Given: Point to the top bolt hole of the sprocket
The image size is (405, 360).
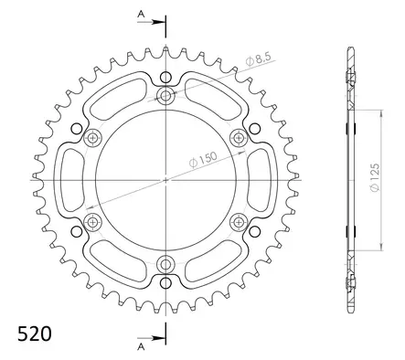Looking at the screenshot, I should (165, 95).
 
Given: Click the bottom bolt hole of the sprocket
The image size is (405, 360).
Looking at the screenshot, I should (165, 264).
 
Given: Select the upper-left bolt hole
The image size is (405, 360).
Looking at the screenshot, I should (92, 138).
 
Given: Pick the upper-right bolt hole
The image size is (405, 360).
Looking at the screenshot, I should (239, 138).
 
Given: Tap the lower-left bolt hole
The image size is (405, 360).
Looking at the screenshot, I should (92, 222).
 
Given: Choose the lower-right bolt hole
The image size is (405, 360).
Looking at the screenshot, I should (239, 222).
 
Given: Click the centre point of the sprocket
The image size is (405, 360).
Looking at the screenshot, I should (165, 180).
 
